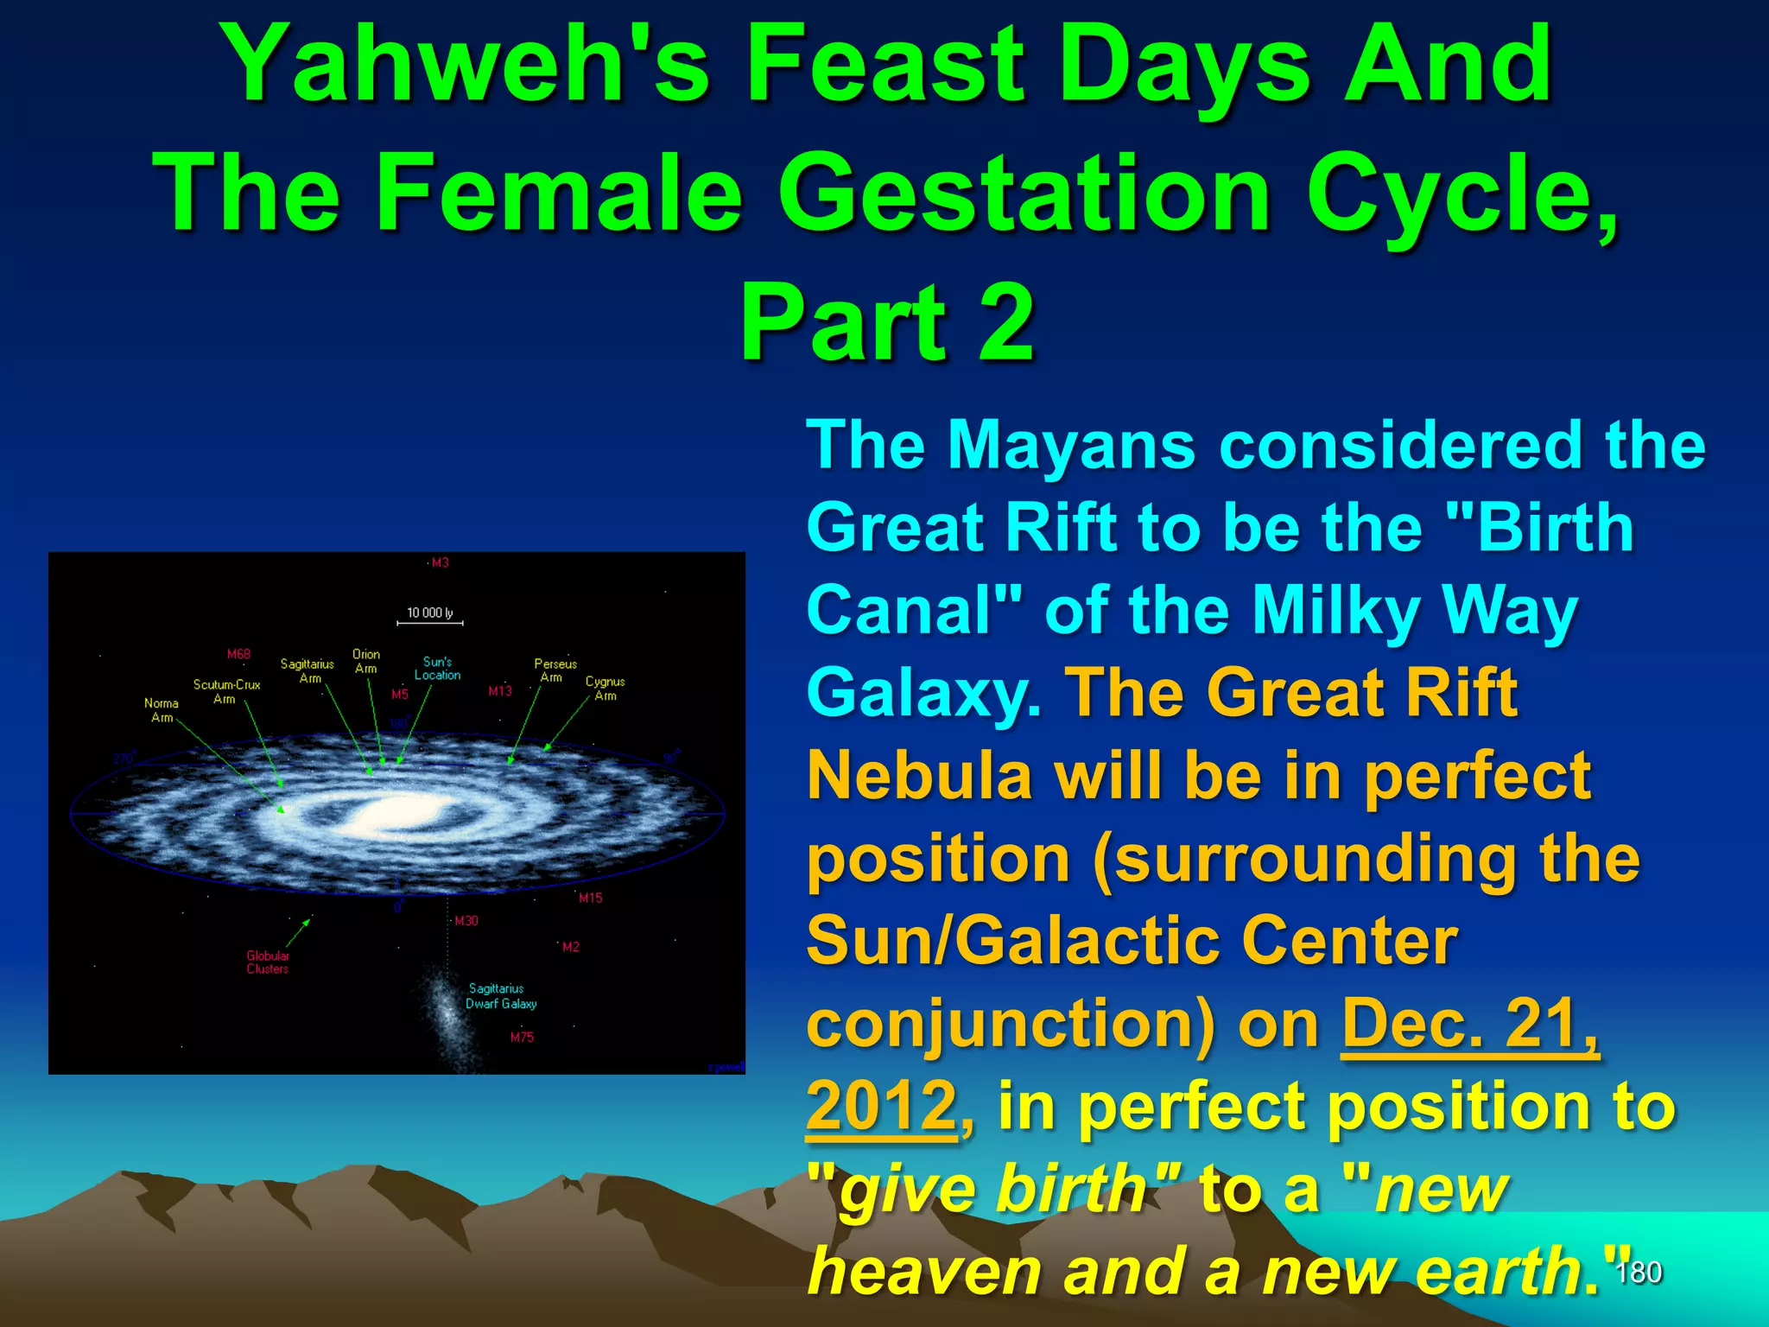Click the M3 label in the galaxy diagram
[x=441, y=562]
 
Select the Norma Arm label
[x=162, y=710]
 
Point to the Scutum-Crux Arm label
[x=226, y=691]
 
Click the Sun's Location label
[x=437, y=668]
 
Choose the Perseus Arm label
[x=555, y=670]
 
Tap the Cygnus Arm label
[x=605, y=688]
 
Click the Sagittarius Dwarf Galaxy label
[x=500, y=995]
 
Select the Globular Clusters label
[x=268, y=962]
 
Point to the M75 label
[x=522, y=1037]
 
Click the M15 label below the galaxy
[x=591, y=898]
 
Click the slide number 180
[x=1639, y=1273]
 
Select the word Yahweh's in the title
[x=466, y=66]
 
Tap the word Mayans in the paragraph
[x=1071, y=446]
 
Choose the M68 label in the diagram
[x=238, y=654]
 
